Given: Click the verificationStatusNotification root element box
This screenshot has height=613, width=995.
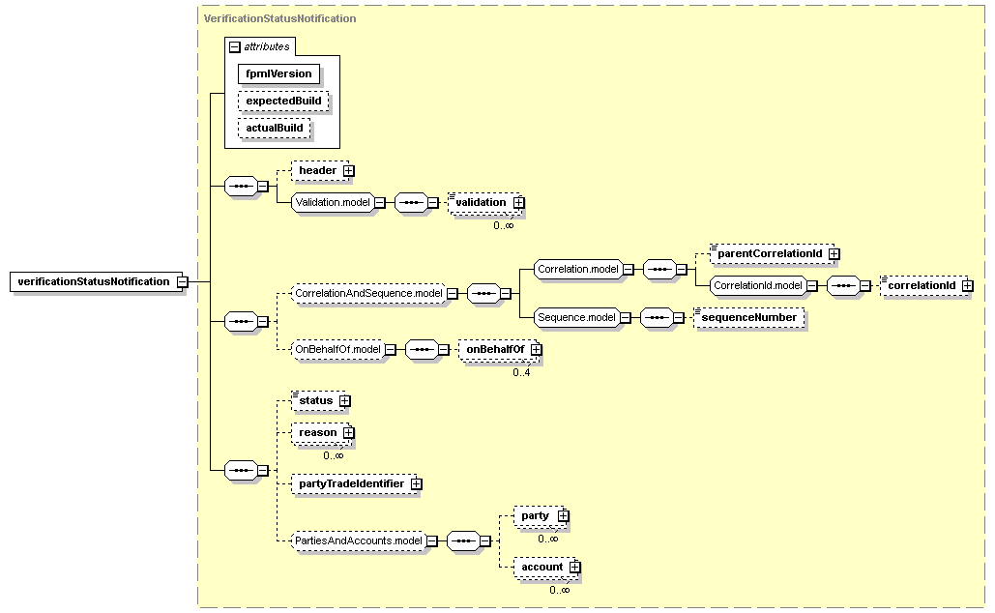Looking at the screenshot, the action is tap(96, 281).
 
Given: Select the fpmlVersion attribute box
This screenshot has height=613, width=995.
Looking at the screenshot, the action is tap(278, 73).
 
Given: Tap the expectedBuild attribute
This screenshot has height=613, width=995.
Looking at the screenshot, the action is tap(283, 101).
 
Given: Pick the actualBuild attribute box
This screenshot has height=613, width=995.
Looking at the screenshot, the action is tap(275, 128).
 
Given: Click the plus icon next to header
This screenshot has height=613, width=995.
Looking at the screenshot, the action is tap(348, 171).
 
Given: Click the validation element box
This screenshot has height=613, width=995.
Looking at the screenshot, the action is tap(484, 202).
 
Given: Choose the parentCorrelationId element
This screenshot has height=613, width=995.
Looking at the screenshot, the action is tap(772, 254).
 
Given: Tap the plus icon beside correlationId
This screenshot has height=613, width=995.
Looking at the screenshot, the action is tap(967, 286).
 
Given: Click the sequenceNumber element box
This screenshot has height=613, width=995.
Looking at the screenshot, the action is tap(748, 318).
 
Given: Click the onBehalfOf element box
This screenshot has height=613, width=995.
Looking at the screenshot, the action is tap(498, 350).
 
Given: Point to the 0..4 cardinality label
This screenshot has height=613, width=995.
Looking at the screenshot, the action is tap(521, 372).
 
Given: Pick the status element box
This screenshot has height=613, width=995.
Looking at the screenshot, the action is tap(318, 401).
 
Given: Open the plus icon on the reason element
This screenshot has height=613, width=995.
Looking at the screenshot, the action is tap(348, 433).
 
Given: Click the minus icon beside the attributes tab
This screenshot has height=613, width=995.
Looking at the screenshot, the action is tap(235, 47).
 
